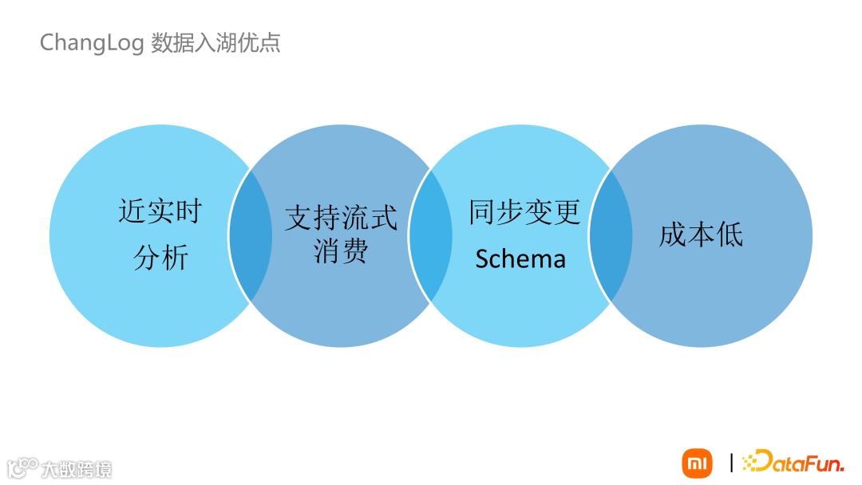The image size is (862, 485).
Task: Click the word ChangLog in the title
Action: click(x=92, y=42)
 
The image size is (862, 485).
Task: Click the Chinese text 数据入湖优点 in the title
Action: click(x=215, y=42)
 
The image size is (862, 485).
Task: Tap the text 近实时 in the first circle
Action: click(x=160, y=212)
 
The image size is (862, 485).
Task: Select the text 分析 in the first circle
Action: click(x=160, y=258)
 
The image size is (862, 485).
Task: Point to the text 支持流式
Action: click(x=341, y=218)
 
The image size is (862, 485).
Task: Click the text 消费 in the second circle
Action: click(x=341, y=251)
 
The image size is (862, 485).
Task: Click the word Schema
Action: click(x=520, y=258)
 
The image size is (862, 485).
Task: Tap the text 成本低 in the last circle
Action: click(x=701, y=235)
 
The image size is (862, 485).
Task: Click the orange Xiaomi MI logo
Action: click(x=697, y=463)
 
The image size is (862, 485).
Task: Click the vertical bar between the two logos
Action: click(x=731, y=463)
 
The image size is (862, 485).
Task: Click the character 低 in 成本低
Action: click(x=729, y=235)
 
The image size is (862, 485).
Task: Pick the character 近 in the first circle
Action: click(x=132, y=212)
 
